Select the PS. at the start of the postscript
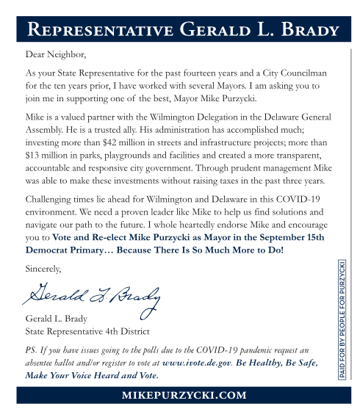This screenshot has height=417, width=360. pos(32,351)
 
